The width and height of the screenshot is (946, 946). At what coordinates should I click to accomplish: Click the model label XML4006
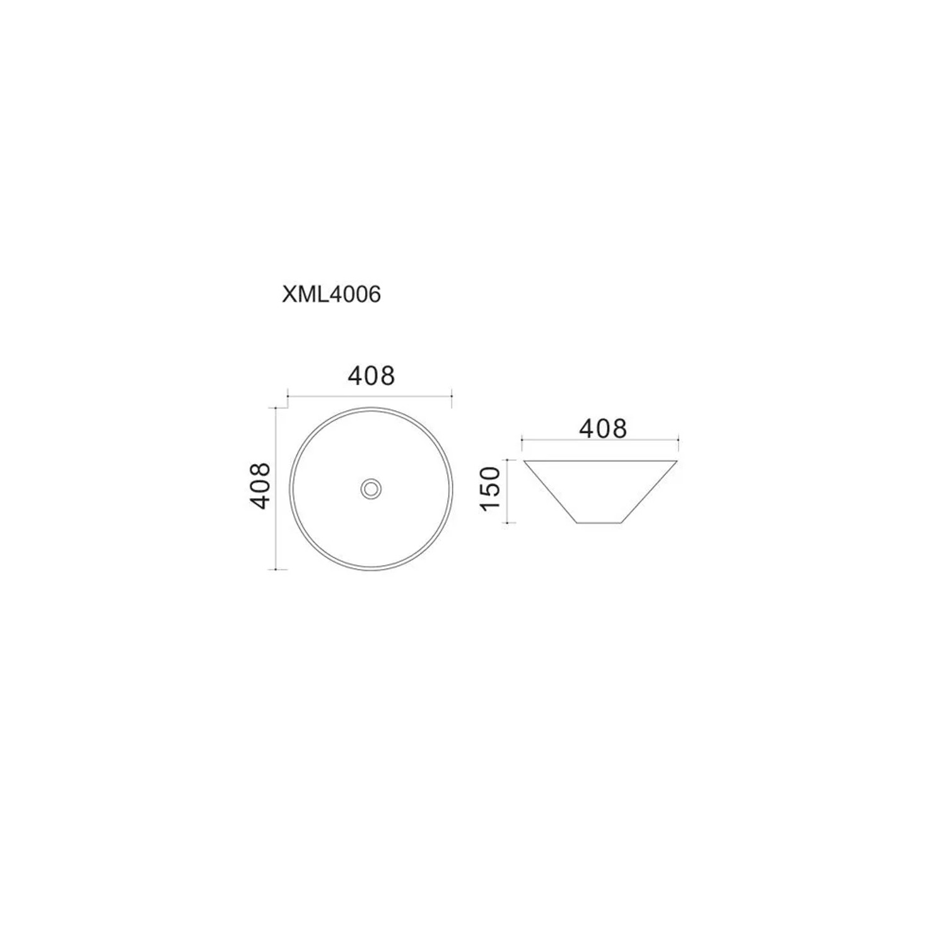(x=331, y=295)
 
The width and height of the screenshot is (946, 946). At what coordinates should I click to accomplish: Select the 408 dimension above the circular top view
(x=371, y=376)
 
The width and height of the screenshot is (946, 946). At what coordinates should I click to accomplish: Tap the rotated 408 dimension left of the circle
(x=260, y=486)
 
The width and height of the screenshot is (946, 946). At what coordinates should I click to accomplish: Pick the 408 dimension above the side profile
(x=603, y=429)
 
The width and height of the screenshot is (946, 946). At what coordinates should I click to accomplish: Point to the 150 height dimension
(x=491, y=489)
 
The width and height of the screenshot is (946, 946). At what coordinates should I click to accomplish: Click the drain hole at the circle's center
(x=371, y=488)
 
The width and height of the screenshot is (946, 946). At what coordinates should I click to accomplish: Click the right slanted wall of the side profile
(x=651, y=492)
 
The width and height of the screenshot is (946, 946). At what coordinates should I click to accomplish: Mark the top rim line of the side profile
(x=600, y=461)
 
